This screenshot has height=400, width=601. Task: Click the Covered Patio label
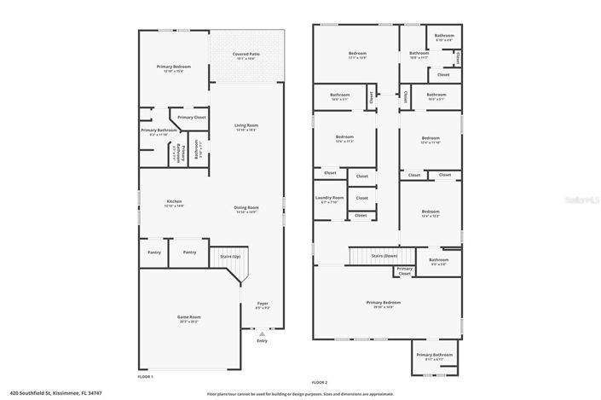(246, 56)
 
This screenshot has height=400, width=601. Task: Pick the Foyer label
(262, 304)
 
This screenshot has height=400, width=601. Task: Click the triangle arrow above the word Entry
(262, 335)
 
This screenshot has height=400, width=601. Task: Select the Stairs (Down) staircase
(379, 255)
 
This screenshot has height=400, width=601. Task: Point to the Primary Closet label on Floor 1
(188, 117)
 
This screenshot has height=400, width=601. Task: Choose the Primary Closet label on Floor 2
(405, 271)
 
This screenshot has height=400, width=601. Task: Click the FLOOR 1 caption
(146, 376)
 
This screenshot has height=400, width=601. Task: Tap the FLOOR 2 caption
(321, 381)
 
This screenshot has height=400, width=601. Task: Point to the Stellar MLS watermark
(582, 199)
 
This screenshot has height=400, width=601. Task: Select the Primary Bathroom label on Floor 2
(434, 356)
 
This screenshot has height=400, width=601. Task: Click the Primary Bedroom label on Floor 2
(384, 304)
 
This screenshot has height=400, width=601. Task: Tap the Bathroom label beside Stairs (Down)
(438, 261)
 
